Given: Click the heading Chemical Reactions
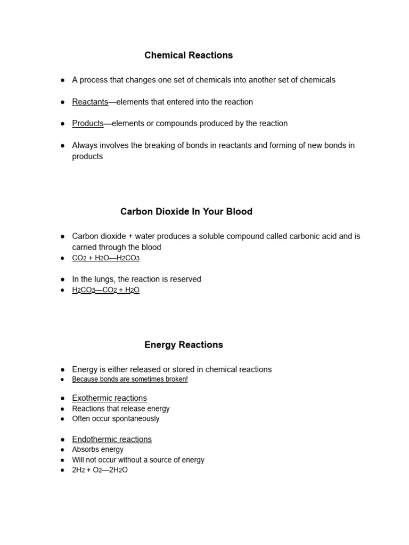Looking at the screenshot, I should [189, 55].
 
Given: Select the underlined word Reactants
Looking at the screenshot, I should [90, 102].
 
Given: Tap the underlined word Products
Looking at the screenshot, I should [88, 123].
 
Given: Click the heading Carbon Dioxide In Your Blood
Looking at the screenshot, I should [186, 212].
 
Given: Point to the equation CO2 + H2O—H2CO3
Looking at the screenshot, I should [105, 258].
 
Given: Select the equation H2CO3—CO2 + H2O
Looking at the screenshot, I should [105, 290].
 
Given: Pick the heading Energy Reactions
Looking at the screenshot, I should [183, 345].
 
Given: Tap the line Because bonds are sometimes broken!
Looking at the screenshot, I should [129, 379].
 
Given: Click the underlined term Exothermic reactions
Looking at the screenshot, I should [109, 398].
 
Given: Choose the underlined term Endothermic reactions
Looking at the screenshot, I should [112, 440].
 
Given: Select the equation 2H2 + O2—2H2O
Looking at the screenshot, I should [100, 470].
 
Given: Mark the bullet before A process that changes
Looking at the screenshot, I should [62, 80].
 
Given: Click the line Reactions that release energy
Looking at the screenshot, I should [121, 409].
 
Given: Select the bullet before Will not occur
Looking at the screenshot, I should [62, 460].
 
